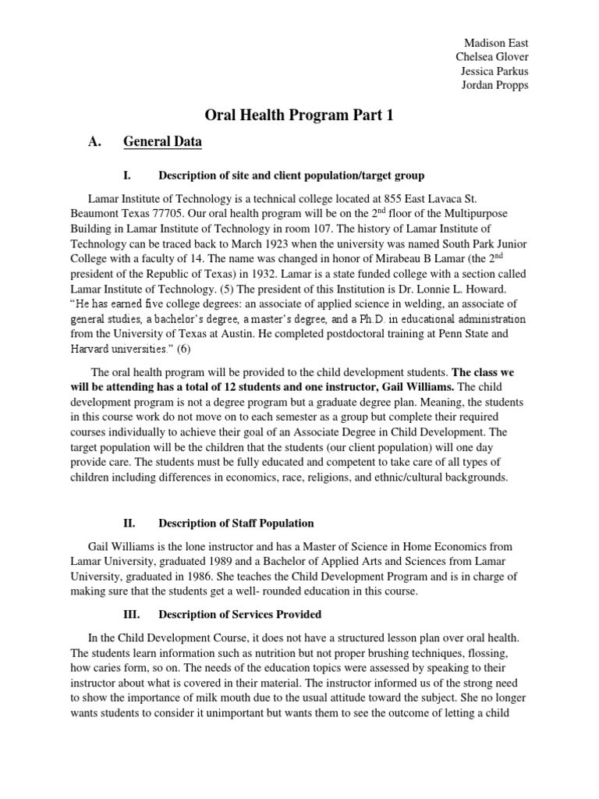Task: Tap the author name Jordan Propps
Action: (x=494, y=85)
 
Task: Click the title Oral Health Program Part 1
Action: (x=299, y=115)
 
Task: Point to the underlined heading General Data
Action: (x=162, y=141)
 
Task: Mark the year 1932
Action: (x=320, y=275)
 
